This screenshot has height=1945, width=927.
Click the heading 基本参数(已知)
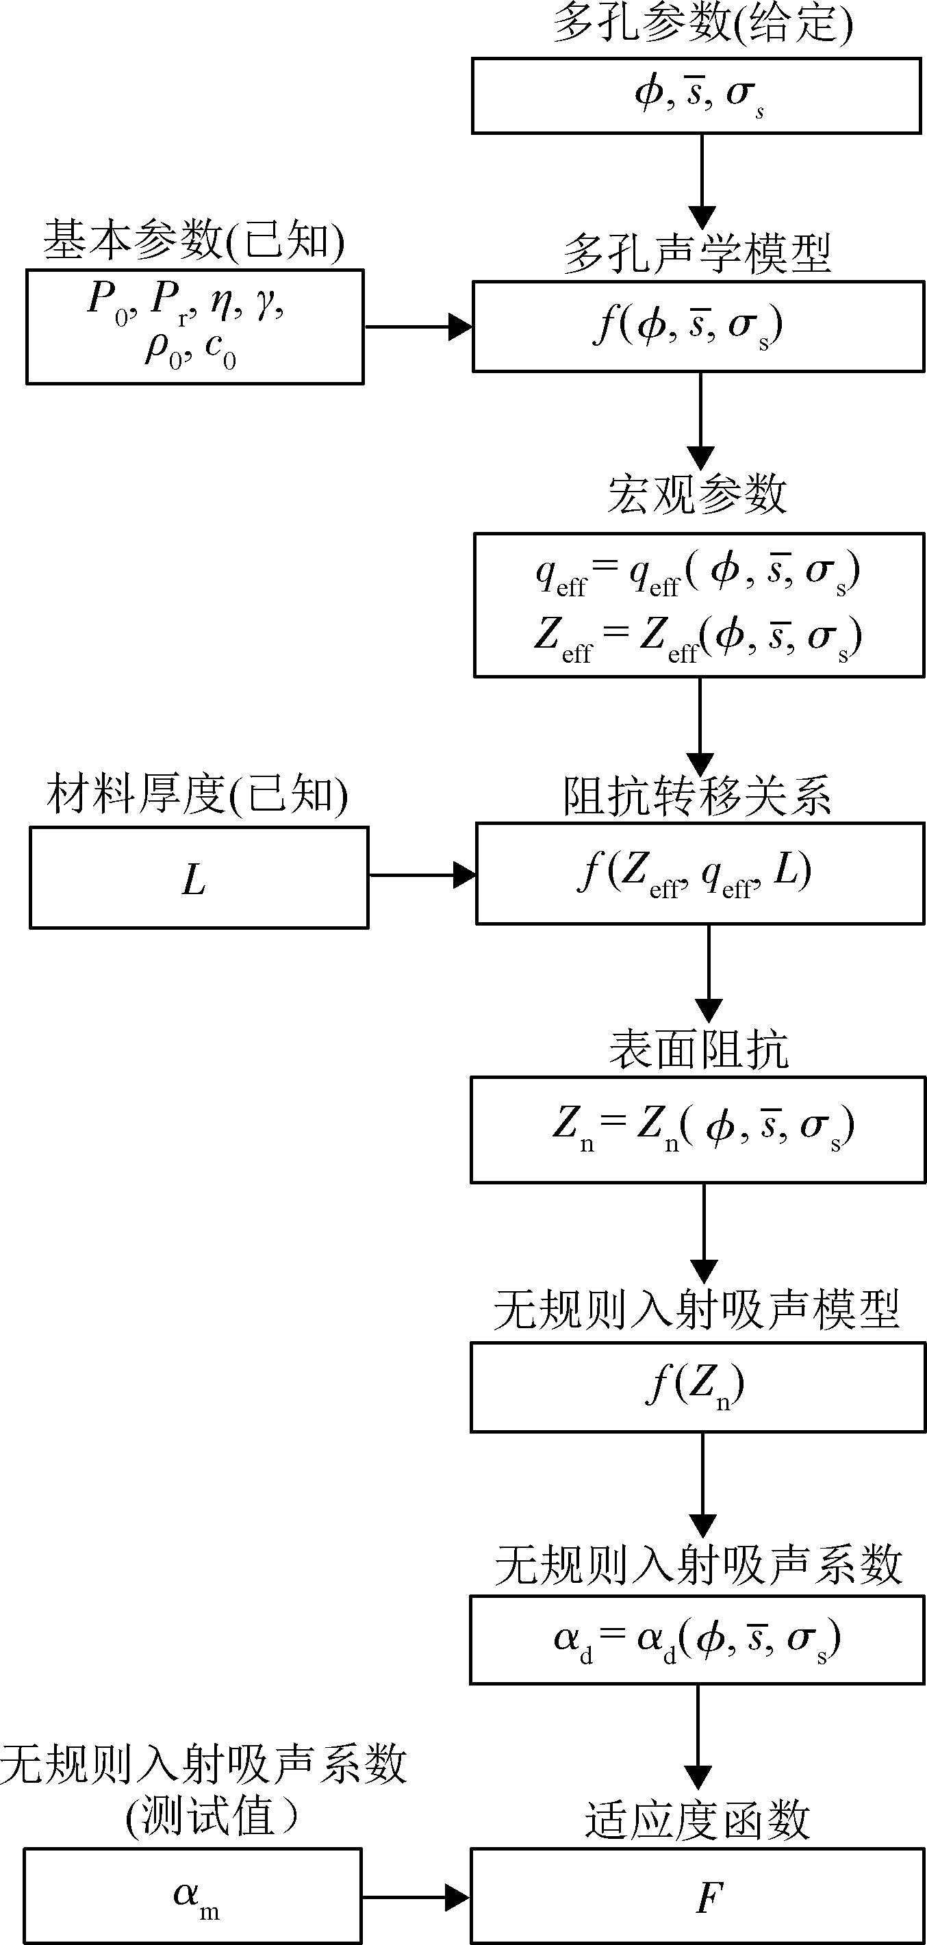point(194,242)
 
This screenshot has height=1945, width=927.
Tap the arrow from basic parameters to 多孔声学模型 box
point(418,327)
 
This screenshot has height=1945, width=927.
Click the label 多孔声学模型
point(698,255)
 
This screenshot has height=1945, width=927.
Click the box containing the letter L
point(199,878)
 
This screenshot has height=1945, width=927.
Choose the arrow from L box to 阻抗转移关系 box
point(422,876)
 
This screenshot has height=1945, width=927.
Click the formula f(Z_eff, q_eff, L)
point(694,874)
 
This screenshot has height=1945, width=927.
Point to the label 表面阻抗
point(699,1050)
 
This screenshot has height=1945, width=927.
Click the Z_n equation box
point(698,1130)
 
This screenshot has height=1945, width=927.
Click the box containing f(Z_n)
point(698,1387)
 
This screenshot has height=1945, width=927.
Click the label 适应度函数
point(698,1820)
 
